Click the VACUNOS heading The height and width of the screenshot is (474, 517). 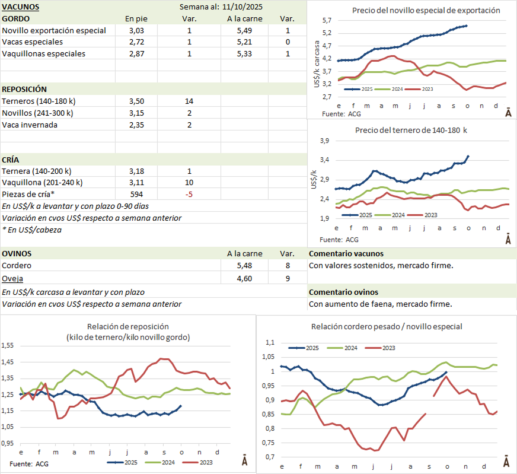(21, 7)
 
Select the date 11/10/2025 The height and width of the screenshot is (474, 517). (244, 7)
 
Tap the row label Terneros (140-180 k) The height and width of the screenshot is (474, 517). (39, 101)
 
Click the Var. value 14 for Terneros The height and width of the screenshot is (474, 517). (189, 101)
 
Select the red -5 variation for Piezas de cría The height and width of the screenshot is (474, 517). (189, 194)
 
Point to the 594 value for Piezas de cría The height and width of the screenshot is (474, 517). (137, 194)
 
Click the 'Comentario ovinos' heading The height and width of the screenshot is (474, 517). (343, 292)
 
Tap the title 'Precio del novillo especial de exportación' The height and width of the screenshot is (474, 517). (426, 10)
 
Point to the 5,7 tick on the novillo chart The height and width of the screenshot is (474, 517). (327, 21)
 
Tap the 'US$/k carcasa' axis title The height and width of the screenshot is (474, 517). (319, 63)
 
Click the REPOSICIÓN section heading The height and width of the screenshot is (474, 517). (24, 89)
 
